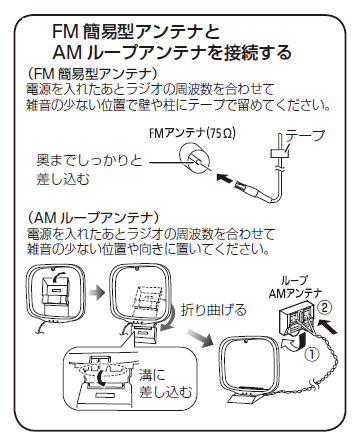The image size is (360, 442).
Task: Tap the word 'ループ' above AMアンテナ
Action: pos(303,283)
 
